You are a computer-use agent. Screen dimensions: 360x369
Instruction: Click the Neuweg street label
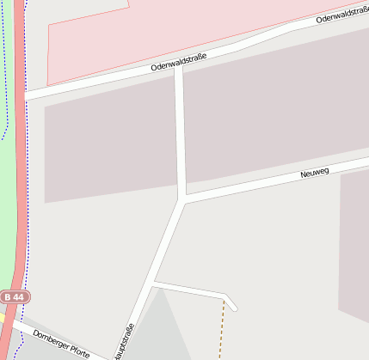pos(316,173)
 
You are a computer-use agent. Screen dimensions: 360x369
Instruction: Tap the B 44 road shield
pos(15,296)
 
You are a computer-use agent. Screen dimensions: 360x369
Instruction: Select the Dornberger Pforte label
pos(60,343)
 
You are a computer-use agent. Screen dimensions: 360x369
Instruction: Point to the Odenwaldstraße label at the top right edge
pos(342,16)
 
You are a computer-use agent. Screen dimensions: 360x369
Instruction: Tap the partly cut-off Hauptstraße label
pos(126,343)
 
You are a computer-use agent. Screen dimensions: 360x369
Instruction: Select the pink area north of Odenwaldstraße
pos(129,43)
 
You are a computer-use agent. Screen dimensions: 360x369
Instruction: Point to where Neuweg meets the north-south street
pos(183,200)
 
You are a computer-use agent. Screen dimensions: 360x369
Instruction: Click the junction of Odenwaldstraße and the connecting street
pos(178,70)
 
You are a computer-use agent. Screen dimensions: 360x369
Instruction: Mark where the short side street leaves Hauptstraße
pos(153,282)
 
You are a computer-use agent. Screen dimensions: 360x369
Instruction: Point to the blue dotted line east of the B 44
pos(28,215)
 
